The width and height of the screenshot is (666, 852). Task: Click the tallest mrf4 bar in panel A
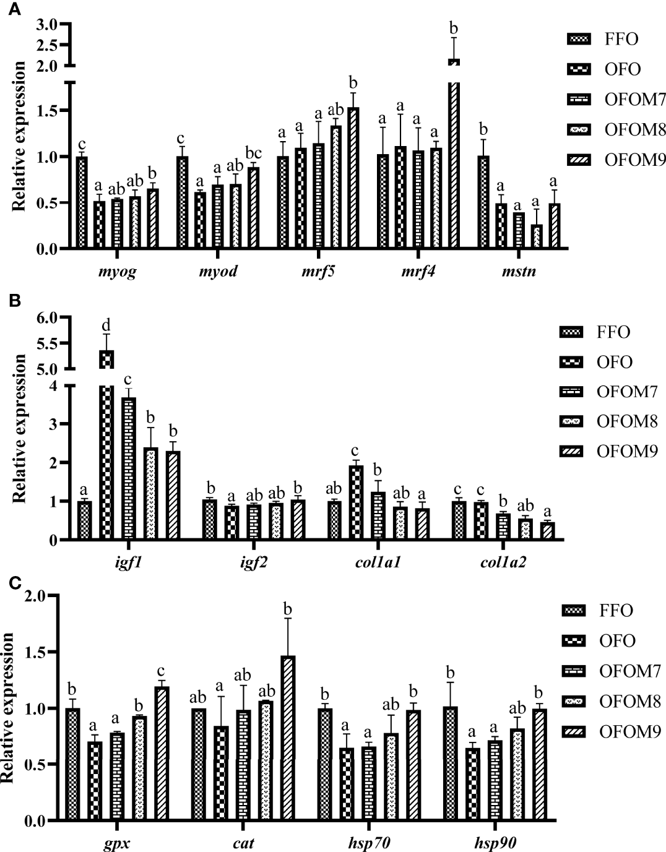click(x=454, y=161)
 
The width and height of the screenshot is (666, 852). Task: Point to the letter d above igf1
click(x=106, y=325)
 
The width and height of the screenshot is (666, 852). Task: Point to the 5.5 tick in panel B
click(x=46, y=343)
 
